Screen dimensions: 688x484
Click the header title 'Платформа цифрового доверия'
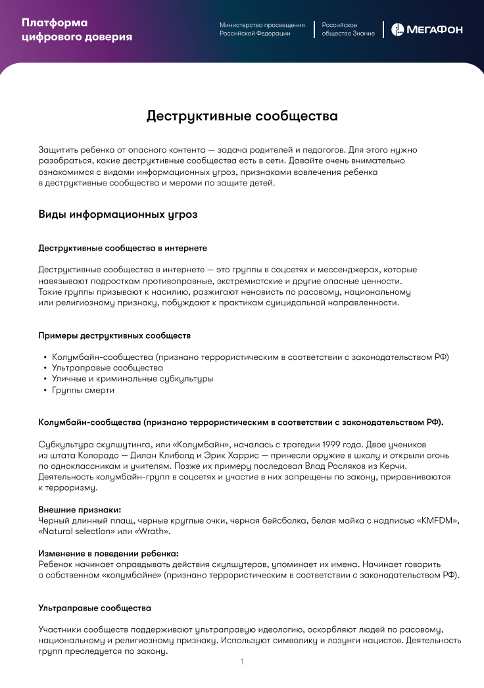[x=76, y=30]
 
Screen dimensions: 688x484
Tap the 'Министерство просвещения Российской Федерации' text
[x=262, y=29]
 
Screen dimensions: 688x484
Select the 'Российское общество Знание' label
[x=348, y=29]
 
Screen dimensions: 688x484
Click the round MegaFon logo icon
[x=398, y=30]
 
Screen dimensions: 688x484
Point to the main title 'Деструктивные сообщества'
[x=242, y=116]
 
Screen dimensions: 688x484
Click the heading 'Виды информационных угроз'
[x=118, y=215]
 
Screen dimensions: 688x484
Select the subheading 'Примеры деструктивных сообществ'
[x=114, y=335]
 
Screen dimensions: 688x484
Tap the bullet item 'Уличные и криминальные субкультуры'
[x=132, y=379]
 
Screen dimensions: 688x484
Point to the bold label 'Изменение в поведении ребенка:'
[x=109, y=554]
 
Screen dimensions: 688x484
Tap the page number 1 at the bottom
[x=242, y=662]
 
